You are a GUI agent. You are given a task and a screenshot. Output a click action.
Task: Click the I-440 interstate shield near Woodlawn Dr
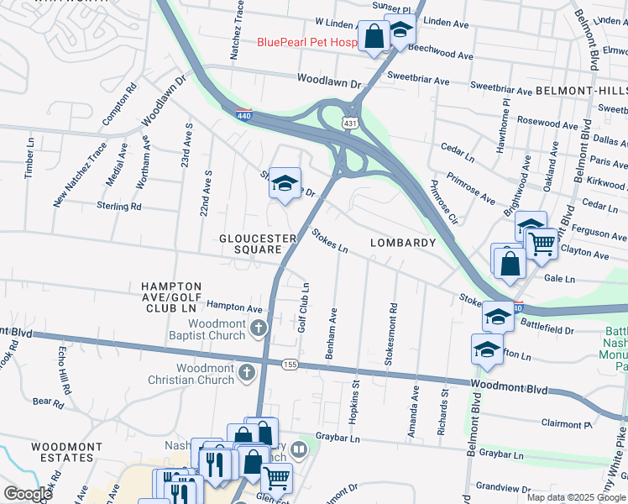243,115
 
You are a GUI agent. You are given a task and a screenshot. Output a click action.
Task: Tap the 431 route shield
348,123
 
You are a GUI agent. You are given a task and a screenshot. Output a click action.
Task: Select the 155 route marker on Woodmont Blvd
290,364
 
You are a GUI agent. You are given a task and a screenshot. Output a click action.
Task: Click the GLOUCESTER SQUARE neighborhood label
258,244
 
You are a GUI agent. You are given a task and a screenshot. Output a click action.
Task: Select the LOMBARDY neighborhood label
403,243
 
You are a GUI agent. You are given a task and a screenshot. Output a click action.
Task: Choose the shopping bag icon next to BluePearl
374,36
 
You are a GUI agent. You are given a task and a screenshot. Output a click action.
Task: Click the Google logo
27,494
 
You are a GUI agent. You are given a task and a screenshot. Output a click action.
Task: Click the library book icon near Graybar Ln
300,449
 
